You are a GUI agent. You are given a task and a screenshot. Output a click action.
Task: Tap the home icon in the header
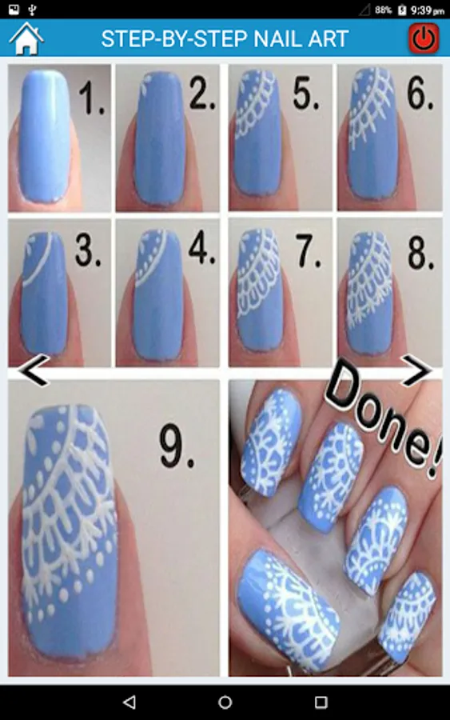(x=26, y=38)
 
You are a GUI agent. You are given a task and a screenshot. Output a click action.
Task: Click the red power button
(x=424, y=38)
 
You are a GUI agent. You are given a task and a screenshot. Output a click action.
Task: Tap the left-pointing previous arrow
(x=34, y=370)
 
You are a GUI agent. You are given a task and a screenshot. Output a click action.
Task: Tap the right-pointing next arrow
(x=416, y=370)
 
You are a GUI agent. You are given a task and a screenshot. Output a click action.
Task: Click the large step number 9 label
(x=177, y=446)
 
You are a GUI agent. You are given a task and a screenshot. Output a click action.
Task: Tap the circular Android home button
(x=225, y=702)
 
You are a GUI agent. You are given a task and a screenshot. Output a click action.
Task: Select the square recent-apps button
(x=321, y=702)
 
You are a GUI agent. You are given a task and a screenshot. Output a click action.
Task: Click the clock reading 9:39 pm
(x=428, y=10)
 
